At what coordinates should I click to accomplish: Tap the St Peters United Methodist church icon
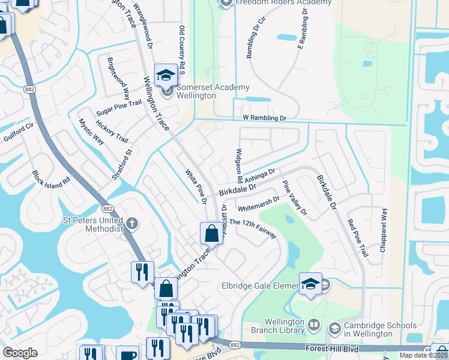point(131,224)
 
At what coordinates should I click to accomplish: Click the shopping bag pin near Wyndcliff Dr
point(211,233)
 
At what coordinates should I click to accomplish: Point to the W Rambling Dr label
point(265,118)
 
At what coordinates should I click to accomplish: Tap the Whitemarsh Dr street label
point(259,204)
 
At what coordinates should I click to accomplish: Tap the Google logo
point(20,353)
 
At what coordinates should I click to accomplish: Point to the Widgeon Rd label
point(239,166)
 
